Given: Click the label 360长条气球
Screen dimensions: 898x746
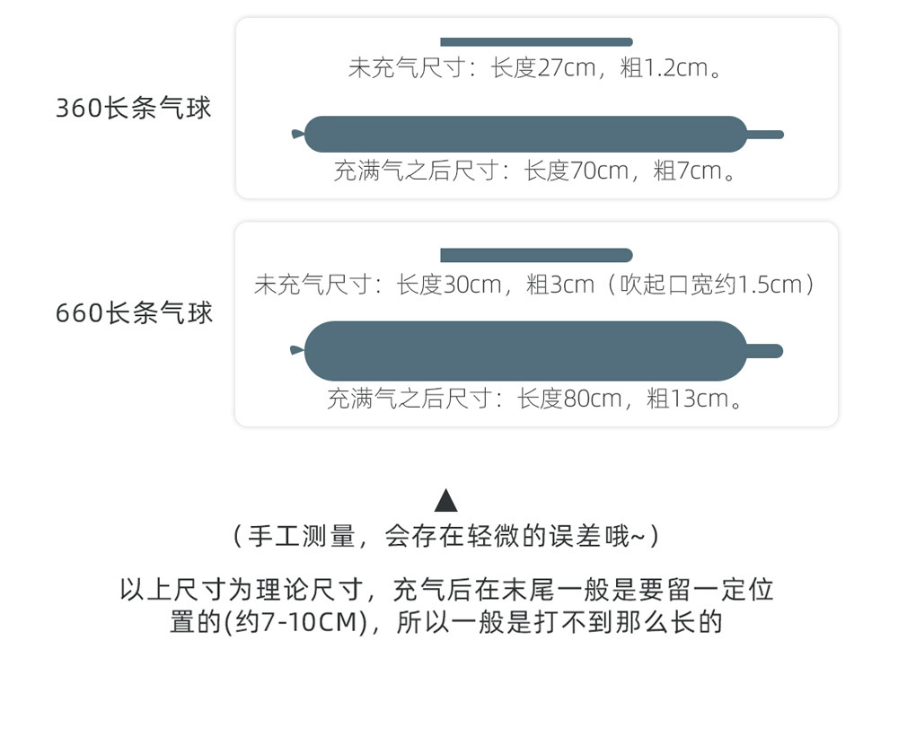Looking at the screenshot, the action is pyautogui.click(x=134, y=109).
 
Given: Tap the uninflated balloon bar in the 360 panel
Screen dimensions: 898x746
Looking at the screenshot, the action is pyautogui.click(x=536, y=42).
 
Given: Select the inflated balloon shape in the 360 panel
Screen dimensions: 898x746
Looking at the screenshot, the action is pyautogui.click(x=526, y=135).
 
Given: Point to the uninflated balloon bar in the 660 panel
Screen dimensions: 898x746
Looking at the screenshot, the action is pyautogui.click(x=536, y=256).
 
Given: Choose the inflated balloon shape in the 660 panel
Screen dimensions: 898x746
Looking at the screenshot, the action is pyautogui.click(x=526, y=351).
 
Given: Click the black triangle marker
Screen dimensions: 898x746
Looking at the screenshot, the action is pyautogui.click(x=446, y=501).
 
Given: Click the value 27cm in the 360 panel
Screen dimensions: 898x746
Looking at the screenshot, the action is pyautogui.click(x=567, y=68).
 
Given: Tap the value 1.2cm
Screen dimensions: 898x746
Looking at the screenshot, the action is pyautogui.click(x=675, y=68).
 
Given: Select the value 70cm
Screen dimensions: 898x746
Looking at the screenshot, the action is pyautogui.click(x=600, y=171).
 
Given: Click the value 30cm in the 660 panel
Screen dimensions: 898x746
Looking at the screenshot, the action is pyautogui.click(x=472, y=285).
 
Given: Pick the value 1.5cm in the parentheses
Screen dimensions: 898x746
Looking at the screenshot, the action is pyautogui.click(x=769, y=285).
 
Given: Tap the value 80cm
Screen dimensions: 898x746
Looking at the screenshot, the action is pyautogui.click(x=593, y=399).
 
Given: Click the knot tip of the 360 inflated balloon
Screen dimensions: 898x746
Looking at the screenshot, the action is pyautogui.click(x=297, y=135).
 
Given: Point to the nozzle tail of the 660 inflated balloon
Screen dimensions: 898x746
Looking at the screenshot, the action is pyautogui.click(x=765, y=351).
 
